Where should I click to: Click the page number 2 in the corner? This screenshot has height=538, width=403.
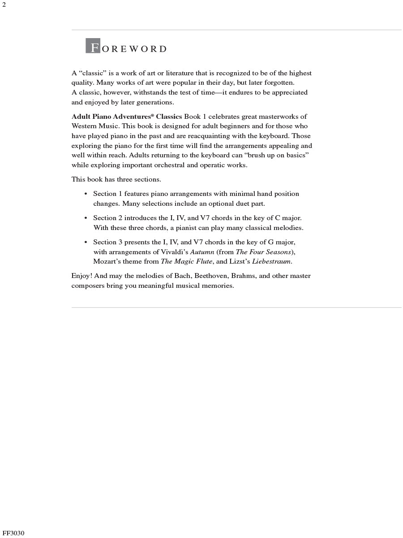click(x=4, y=5)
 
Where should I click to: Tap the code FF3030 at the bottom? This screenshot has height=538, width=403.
click(x=13, y=533)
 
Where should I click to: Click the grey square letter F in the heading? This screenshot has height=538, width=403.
click(x=93, y=47)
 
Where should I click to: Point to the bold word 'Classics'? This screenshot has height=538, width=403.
click(x=169, y=117)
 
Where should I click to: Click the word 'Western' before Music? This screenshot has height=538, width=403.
click(x=84, y=126)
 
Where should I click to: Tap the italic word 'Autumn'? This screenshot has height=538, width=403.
click(x=202, y=252)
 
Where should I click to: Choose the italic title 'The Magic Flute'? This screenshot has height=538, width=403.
click(x=186, y=261)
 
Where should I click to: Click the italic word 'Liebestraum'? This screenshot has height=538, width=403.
click(x=271, y=261)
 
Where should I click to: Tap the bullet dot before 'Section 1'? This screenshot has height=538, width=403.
click(x=86, y=194)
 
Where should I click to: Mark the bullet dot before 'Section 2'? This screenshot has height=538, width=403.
click(x=86, y=218)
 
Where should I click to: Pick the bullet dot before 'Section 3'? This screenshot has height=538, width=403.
click(x=86, y=243)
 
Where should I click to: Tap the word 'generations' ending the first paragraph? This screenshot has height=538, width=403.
click(x=154, y=102)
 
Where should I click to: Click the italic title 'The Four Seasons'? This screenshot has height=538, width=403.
click(x=264, y=252)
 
